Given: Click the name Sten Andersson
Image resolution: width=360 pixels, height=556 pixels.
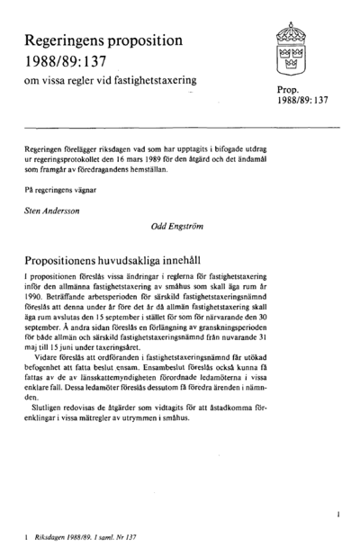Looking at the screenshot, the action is (x=54, y=210).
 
